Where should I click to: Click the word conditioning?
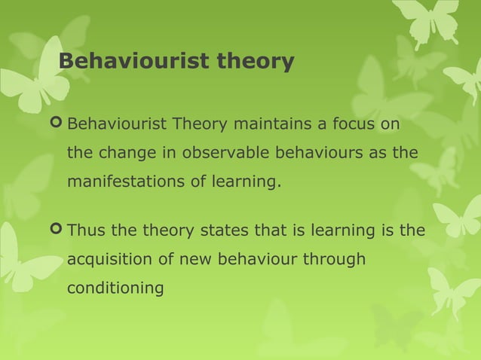coord(115,288)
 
